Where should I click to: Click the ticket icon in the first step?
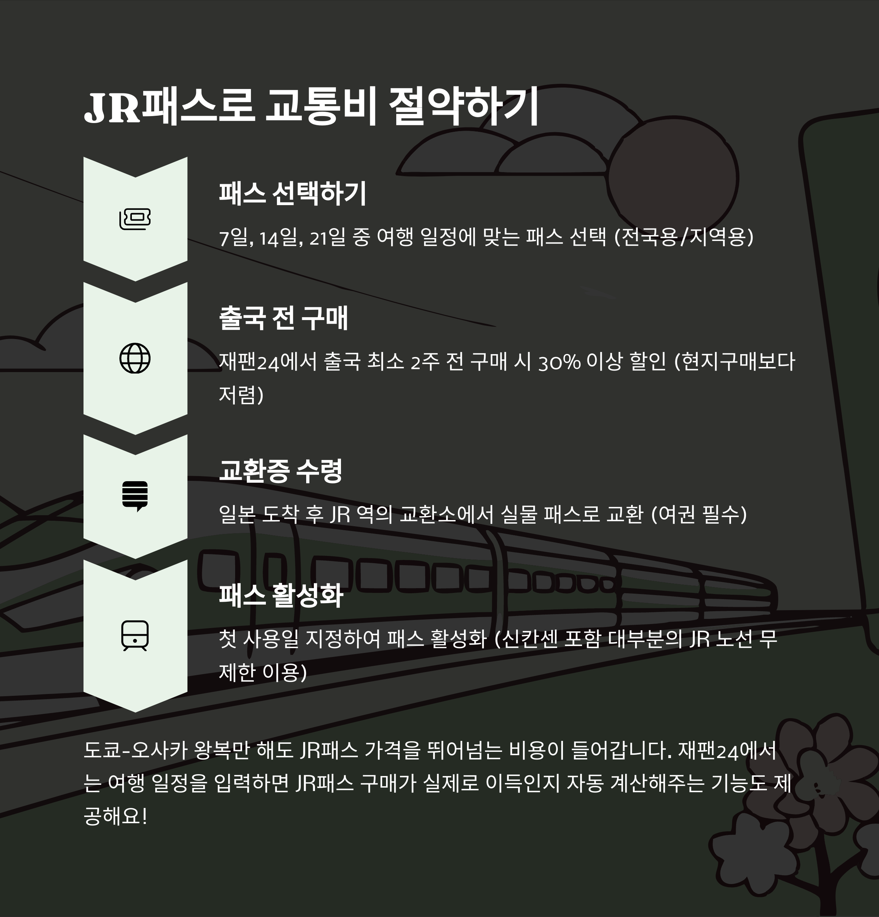(135, 219)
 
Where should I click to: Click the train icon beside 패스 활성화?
(135, 635)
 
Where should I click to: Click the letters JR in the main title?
(112, 108)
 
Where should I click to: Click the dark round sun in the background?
(673, 178)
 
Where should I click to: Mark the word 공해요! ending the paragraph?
(115, 816)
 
